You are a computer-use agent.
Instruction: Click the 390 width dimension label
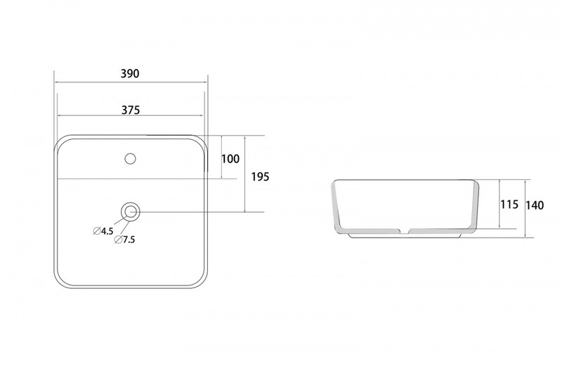[x=130, y=74]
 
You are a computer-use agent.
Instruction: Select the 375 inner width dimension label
[x=131, y=110]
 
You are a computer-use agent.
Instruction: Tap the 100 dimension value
[x=230, y=158]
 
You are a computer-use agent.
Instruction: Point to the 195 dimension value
[x=260, y=176]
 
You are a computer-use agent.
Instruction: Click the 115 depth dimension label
[x=509, y=205]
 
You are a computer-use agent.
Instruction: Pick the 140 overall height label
[x=535, y=205]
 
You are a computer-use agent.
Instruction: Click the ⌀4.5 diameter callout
[x=103, y=231]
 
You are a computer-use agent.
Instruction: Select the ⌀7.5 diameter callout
[x=125, y=240]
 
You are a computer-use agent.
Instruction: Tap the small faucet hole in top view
[x=130, y=158]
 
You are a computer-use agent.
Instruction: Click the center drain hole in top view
[x=130, y=212]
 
